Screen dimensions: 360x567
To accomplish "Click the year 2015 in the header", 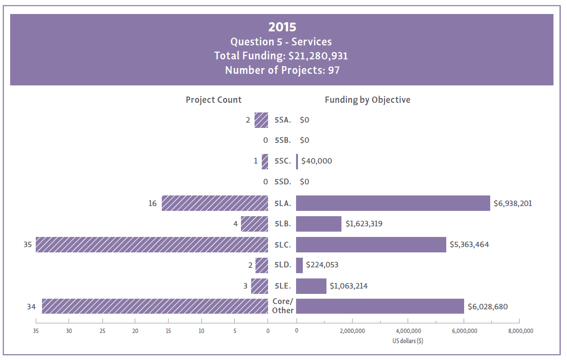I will click(282, 27).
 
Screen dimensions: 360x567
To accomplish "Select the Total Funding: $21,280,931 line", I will click(281, 56).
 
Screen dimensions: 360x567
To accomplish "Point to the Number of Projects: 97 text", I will click(282, 70).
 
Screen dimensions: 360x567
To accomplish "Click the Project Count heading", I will click(213, 100).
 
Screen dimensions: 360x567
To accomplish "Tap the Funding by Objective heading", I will click(367, 100).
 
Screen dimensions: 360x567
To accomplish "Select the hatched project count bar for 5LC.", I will click(152, 245).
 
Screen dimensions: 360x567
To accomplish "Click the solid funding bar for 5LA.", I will click(393, 203).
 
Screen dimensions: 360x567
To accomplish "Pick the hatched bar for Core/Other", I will click(155, 306).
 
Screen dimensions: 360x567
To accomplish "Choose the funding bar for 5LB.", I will click(319, 224).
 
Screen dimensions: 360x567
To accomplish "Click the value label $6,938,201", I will click(512, 204).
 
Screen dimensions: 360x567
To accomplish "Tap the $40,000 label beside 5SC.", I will click(316, 161).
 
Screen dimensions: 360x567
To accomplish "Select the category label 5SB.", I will click(283, 140).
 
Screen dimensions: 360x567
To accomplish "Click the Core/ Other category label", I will click(283, 306).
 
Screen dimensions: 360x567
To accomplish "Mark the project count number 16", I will click(153, 204).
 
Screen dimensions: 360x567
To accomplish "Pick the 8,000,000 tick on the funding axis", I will click(519, 331).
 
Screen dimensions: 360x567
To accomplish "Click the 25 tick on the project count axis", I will click(102, 331).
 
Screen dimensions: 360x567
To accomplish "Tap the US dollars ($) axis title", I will click(408, 341).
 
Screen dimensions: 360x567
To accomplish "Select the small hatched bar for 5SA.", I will click(261, 120).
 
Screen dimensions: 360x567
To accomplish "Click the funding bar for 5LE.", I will click(311, 286).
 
